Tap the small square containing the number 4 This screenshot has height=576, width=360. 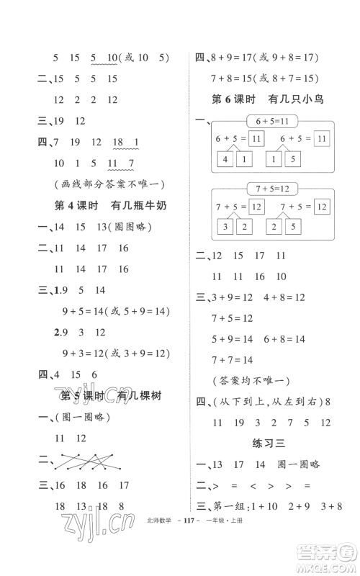[x=227, y=158]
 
